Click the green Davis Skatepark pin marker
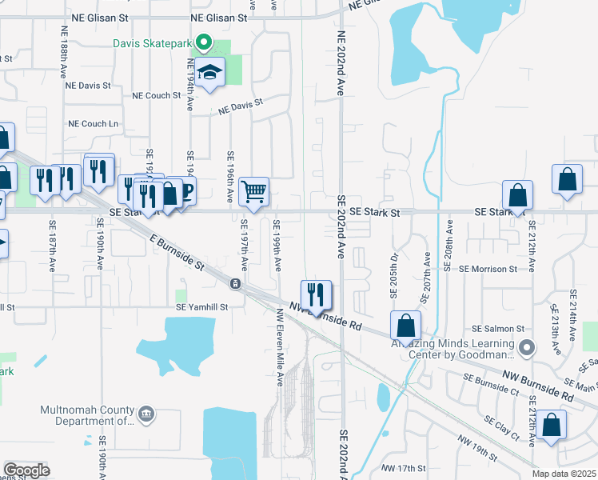point(204,43)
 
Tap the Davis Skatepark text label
point(154,43)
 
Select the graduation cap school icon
point(209,72)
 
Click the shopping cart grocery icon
point(253,191)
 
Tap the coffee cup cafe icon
point(186,192)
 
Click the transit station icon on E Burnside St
point(235,284)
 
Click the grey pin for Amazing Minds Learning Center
point(526,347)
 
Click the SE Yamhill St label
point(201,306)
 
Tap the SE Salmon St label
point(497,329)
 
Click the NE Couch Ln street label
point(93,124)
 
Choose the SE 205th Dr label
point(394,276)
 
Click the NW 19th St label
point(477,449)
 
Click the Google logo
point(27,470)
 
